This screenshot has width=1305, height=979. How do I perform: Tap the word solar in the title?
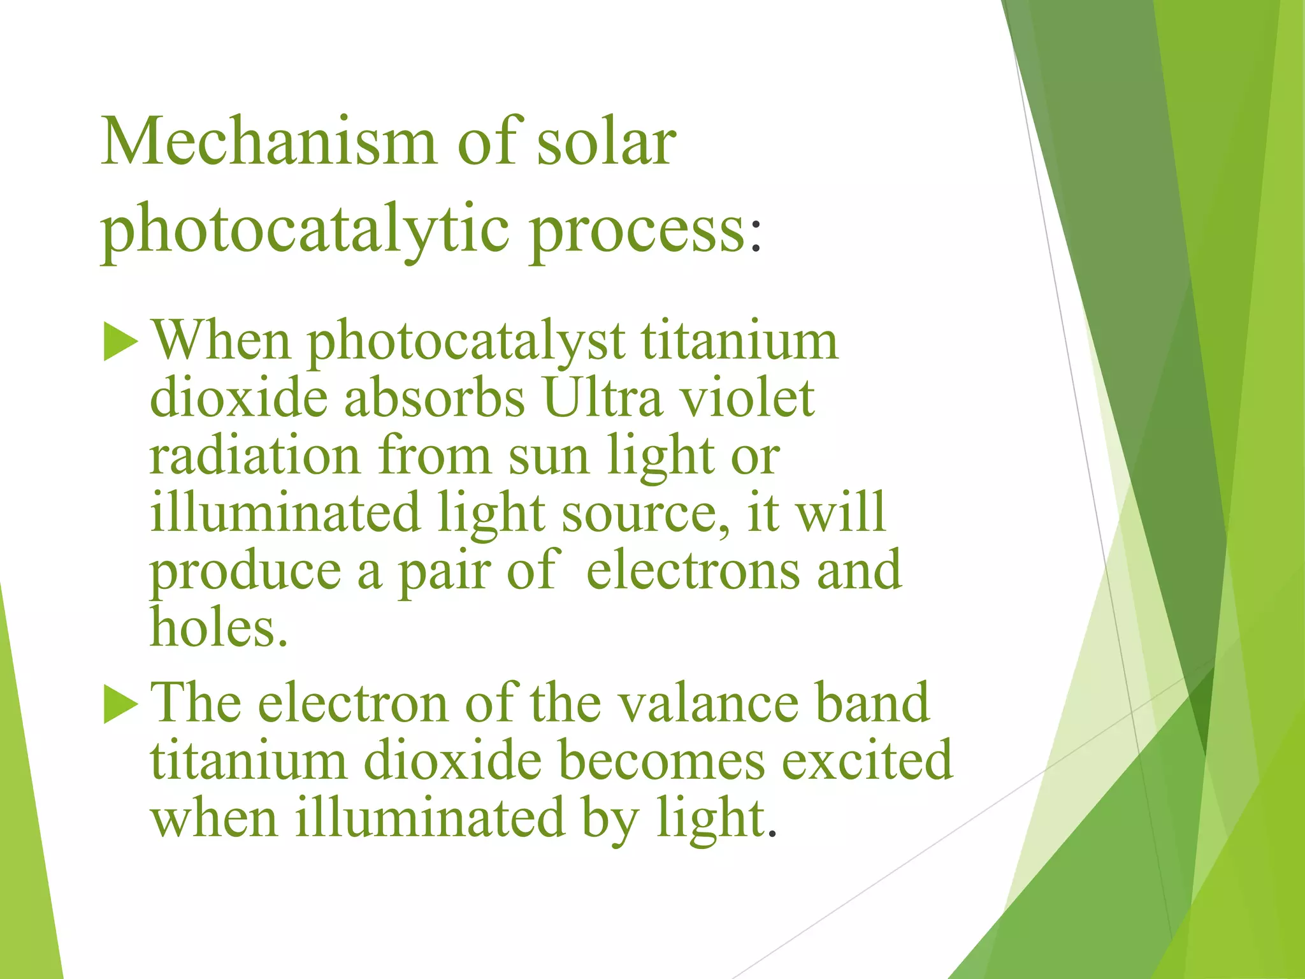(606, 141)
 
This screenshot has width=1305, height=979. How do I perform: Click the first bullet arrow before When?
(120, 342)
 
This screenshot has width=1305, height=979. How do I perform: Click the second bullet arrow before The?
(120, 704)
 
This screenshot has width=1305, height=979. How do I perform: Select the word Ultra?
(603, 398)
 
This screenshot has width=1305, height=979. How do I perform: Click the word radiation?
(255, 456)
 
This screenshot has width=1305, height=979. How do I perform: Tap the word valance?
(708, 704)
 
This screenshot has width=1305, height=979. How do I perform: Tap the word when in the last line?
(214, 818)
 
